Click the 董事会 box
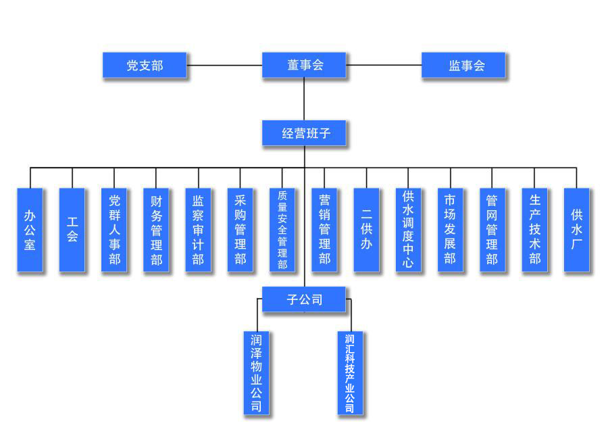[x=304, y=66]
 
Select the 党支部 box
[x=145, y=66]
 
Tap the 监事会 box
[x=463, y=66]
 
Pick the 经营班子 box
[x=304, y=133]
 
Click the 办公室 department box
[x=30, y=230]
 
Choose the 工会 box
[x=72, y=230]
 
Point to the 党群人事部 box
[x=114, y=230]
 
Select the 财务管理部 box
[x=156, y=230]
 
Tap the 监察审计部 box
[x=198, y=230]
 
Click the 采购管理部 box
[x=240, y=230]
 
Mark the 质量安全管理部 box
[x=282, y=230]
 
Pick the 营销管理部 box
[x=324, y=230]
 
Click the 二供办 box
[x=366, y=230]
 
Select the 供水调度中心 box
[x=408, y=230]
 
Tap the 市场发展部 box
[x=451, y=230]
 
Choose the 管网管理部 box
[x=492, y=230]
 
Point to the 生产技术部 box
[x=534, y=230]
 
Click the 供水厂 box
[x=576, y=230]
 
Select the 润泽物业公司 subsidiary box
[x=257, y=372]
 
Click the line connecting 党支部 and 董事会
[x=224, y=66]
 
